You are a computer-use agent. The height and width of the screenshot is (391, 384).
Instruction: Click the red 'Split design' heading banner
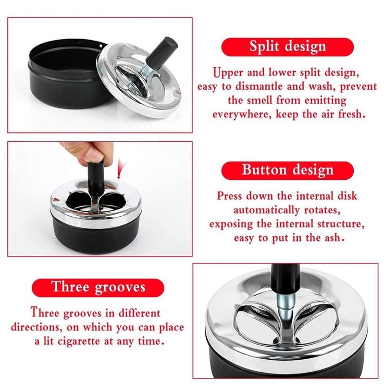coord(287,47)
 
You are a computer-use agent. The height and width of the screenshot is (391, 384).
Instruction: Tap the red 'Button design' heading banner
coord(287,170)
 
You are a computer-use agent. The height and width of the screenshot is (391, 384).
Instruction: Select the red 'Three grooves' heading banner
coord(98,287)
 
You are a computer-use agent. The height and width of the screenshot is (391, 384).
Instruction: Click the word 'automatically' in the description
coord(266,210)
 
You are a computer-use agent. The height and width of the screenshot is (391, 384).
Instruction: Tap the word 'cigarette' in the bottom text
coord(79,341)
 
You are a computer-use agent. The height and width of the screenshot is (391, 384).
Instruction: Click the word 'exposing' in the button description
coord(231,224)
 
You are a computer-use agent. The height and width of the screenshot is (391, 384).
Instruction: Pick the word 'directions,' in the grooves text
coord(36,327)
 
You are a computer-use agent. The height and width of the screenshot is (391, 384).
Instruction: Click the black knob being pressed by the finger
coord(96,177)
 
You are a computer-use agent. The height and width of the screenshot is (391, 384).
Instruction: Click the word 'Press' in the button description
coord(229,196)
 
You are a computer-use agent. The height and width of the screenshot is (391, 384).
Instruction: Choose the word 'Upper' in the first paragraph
coord(228,73)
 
